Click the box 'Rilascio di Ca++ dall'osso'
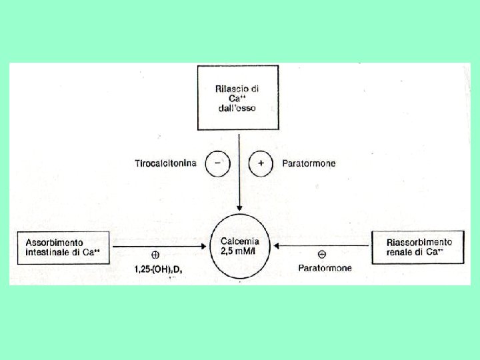pyautogui.click(x=237, y=97)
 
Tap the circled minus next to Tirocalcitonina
pyautogui.click(x=217, y=163)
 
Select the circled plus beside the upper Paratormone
pyautogui.click(x=260, y=163)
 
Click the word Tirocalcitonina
pyautogui.click(x=166, y=163)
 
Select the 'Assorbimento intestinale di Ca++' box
pyautogui.click(x=64, y=247)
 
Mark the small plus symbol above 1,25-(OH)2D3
pyautogui.click(x=155, y=255)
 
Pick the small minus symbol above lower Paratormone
pyautogui.click(x=322, y=254)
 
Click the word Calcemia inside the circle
pyautogui.click(x=239, y=241)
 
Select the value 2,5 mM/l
pyautogui.click(x=239, y=251)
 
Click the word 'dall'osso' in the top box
pyautogui.click(x=236, y=107)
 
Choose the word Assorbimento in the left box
pyautogui.click(x=55, y=241)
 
